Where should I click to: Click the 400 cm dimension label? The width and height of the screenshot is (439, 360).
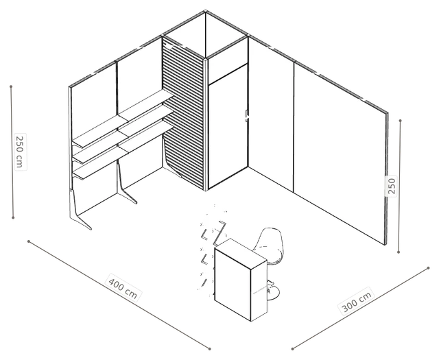(x=123, y=287)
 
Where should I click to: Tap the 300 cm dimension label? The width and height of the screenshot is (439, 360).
(x=357, y=301)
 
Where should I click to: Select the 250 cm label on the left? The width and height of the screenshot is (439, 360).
(x=20, y=152)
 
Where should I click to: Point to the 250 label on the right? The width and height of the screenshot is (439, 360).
(x=392, y=186)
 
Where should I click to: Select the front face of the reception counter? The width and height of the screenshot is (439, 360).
(x=233, y=282)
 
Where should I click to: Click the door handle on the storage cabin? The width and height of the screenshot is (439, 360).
(x=247, y=116)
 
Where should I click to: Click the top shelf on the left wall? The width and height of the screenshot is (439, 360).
(x=123, y=118)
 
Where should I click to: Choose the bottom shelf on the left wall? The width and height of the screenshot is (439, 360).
(x=123, y=150)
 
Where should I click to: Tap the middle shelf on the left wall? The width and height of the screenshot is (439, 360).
(x=123, y=134)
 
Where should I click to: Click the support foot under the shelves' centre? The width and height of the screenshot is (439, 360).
(x=125, y=184)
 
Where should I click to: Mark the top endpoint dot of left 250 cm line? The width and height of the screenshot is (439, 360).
(x=11, y=86)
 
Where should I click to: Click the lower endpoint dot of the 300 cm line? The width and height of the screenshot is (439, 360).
(x=292, y=349)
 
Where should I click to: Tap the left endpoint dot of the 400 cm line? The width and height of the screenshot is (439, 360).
(x=29, y=241)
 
